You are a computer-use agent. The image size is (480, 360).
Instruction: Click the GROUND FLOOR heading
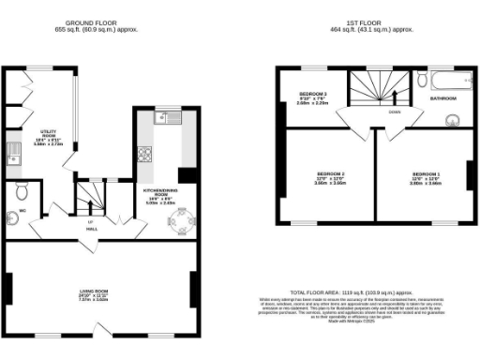pos(91,22)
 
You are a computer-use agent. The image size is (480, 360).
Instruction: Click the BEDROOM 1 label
pos(425,175)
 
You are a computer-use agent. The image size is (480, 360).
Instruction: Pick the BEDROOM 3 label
pos(312,95)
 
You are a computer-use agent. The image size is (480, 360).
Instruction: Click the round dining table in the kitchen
pos(179,221)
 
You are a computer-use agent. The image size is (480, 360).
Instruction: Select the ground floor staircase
pos(91,196)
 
